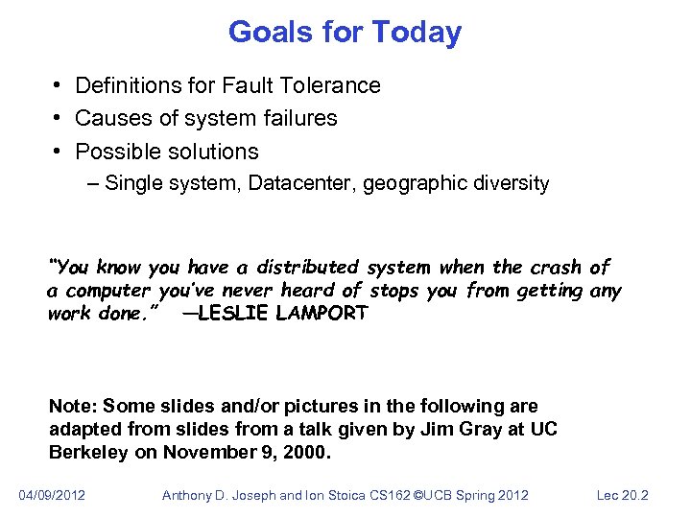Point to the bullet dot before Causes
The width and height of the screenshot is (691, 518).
click(58, 119)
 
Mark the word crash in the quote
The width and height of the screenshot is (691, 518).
click(555, 267)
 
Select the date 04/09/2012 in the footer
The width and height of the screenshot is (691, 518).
click(52, 495)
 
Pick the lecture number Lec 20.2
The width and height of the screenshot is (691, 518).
click(622, 495)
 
